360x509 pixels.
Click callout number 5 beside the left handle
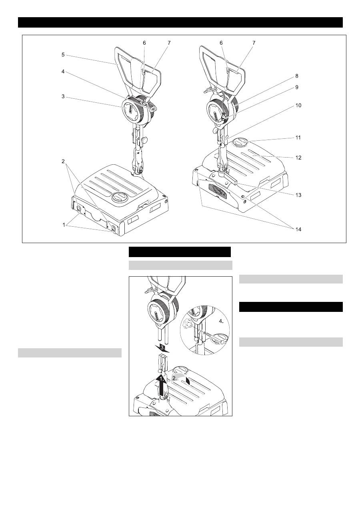point(63,55)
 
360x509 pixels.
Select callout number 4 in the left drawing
point(63,72)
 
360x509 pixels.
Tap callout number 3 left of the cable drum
point(63,96)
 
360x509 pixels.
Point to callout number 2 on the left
point(63,161)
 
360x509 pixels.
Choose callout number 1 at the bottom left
point(64,225)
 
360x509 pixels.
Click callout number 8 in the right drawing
point(296,76)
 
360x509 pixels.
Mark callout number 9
point(296,87)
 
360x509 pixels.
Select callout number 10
point(298,106)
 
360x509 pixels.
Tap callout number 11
point(298,138)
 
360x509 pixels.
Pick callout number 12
point(298,158)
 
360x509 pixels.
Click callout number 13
point(298,195)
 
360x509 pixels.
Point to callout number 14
point(298,229)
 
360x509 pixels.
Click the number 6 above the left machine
point(144,43)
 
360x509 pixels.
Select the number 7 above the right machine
point(254,43)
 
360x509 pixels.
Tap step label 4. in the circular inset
point(221,321)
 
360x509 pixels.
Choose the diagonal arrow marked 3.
point(162,348)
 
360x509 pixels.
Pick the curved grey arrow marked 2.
point(180,378)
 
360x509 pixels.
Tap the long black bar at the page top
point(180,22)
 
